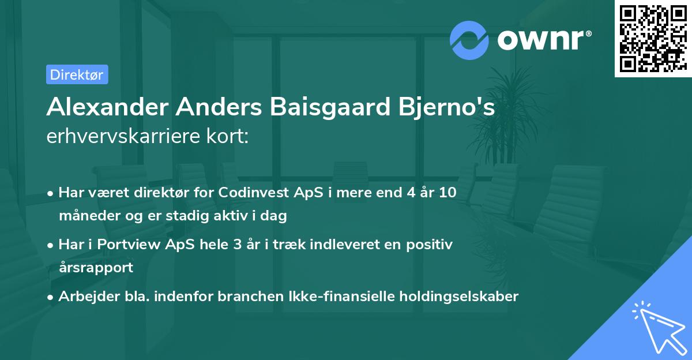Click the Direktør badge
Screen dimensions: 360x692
click(77, 74)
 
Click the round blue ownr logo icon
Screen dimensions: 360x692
click(469, 40)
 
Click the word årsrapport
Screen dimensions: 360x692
click(96, 267)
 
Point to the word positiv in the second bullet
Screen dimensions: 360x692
click(433, 245)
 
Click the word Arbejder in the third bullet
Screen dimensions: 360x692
click(85, 297)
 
